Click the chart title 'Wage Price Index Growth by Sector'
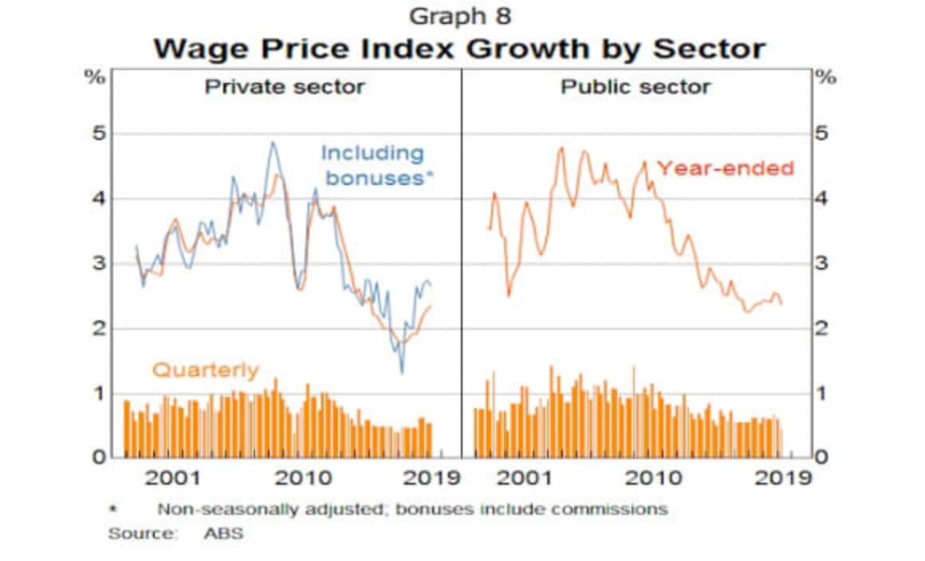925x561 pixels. tap(459, 49)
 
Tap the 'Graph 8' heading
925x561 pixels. tap(459, 15)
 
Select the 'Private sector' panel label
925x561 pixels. tap(285, 86)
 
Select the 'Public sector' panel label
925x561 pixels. tap(635, 86)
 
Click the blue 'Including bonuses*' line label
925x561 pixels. tap(373, 165)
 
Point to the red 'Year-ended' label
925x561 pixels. tap(725, 168)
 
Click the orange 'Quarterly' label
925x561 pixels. tap(205, 370)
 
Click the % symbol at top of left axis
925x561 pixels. tap(96, 78)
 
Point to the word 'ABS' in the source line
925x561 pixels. tap(223, 533)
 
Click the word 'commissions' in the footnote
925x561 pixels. tap(616, 508)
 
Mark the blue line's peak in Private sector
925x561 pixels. tap(272, 143)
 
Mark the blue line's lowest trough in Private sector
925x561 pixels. tap(402, 373)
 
